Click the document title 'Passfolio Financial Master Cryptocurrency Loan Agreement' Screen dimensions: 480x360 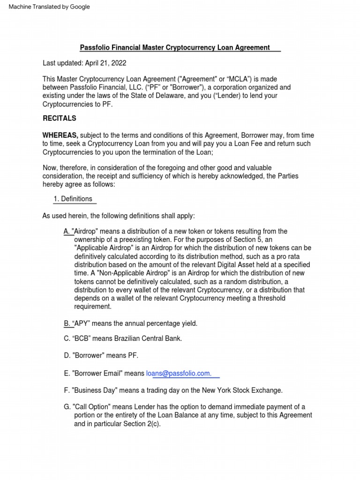click(175, 47)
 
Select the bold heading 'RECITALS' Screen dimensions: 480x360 click(60, 118)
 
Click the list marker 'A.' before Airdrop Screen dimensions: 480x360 click(67, 231)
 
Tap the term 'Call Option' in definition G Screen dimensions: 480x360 click(92, 406)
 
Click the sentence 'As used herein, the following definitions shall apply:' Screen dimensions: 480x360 click(118, 216)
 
